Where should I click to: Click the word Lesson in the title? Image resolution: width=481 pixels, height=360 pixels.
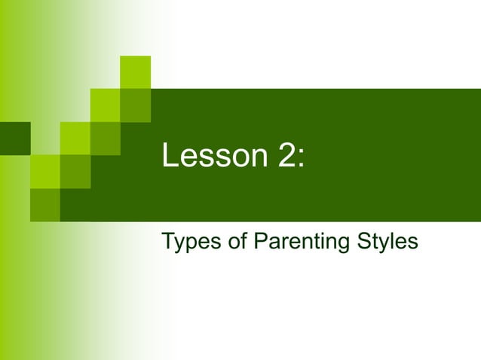pyautogui.click(x=207, y=156)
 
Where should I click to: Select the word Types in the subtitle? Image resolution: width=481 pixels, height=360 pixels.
pyautogui.click(x=185, y=243)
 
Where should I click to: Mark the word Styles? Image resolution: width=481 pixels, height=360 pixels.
pyautogui.click(x=385, y=243)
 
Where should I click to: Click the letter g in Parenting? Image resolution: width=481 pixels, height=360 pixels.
pyautogui.click(x=343, y=245)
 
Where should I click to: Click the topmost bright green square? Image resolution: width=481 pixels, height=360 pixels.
pyautogui.click(x=136, y=72)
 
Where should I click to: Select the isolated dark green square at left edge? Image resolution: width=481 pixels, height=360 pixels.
pyautogui.click(x=14, y=138)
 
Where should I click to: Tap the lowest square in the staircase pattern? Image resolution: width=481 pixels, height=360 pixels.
pyautogui.click(x=44, y=204)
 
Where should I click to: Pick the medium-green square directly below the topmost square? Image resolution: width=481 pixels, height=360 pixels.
pyautogui.click(x=136, y=105)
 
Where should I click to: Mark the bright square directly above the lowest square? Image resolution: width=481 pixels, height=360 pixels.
pyautogui.click(x=44, y=172)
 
